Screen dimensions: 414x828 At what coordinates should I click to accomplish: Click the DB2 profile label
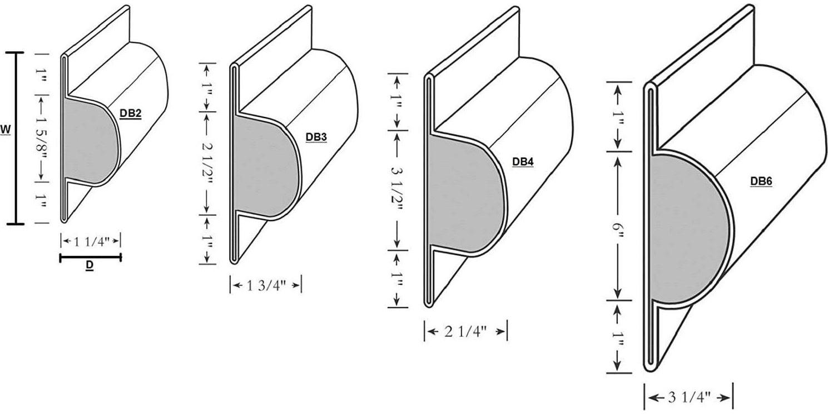pos(131,114)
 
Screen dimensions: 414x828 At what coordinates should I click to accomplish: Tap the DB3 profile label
pos(316,136)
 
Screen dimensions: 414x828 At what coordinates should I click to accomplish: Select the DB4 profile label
pos(523,161)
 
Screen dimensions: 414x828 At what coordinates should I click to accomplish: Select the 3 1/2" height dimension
pos(396,190)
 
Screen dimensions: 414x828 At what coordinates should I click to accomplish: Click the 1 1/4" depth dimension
pos(90,241)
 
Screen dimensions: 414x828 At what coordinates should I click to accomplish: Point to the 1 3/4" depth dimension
pos(266,285)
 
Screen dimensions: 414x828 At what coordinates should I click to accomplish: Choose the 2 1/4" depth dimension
pos(465,332)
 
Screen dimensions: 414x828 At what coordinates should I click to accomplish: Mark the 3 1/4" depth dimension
pos(688,397)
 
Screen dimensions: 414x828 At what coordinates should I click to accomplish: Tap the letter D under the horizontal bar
pos(90,267)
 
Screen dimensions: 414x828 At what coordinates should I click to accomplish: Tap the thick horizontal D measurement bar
pos(90,257)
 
